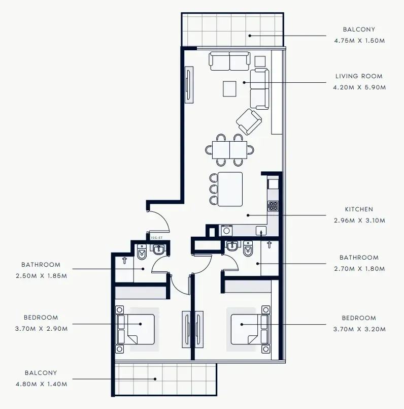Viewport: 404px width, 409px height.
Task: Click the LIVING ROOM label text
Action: (x=359, y=76)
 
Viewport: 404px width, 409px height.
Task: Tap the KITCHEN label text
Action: (x=359, y=209)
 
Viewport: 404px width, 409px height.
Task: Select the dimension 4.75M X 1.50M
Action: (x=359, y=41)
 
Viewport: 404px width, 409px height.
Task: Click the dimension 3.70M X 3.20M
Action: (x=359, y=329)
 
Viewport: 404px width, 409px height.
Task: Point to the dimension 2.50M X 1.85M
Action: (x=41, y=275)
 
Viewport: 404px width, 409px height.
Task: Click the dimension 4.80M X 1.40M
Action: (x=41, y=384)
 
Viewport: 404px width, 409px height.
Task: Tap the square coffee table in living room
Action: (x=229, y=89)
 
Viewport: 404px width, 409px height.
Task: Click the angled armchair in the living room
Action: (x=249, y=122)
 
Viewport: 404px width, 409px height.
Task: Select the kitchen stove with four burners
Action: (x=274, y=206)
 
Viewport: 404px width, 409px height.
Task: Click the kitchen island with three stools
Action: (x=229, y=189)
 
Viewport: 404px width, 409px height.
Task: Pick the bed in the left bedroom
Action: (x=136, y=329)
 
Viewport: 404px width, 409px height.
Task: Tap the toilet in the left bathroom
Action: (x=142, y=251)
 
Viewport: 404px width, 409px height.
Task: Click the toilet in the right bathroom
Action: (x=248, y=249)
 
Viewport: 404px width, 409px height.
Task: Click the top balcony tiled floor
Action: (x=232, y=30)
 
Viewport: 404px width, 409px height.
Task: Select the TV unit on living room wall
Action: (x=188, y=85)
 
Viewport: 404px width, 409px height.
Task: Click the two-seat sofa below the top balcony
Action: (x=229, y=61)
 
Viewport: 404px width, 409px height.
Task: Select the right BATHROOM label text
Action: (x=359, y=258)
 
